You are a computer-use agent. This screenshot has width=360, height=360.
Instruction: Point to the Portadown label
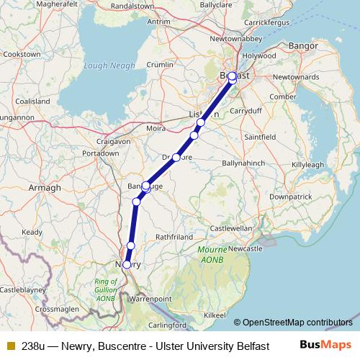[x=101, y=153]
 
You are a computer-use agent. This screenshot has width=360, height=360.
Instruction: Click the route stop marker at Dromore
[x=176, y=157]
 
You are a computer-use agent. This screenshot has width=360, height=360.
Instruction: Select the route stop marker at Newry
[x=127, y=265]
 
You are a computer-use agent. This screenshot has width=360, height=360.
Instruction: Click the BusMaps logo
[x=325, y=344]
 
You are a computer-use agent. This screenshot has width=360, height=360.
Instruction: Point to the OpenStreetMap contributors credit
[x=297, y=322]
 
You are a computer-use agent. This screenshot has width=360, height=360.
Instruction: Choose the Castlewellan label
[x=230, y=228]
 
